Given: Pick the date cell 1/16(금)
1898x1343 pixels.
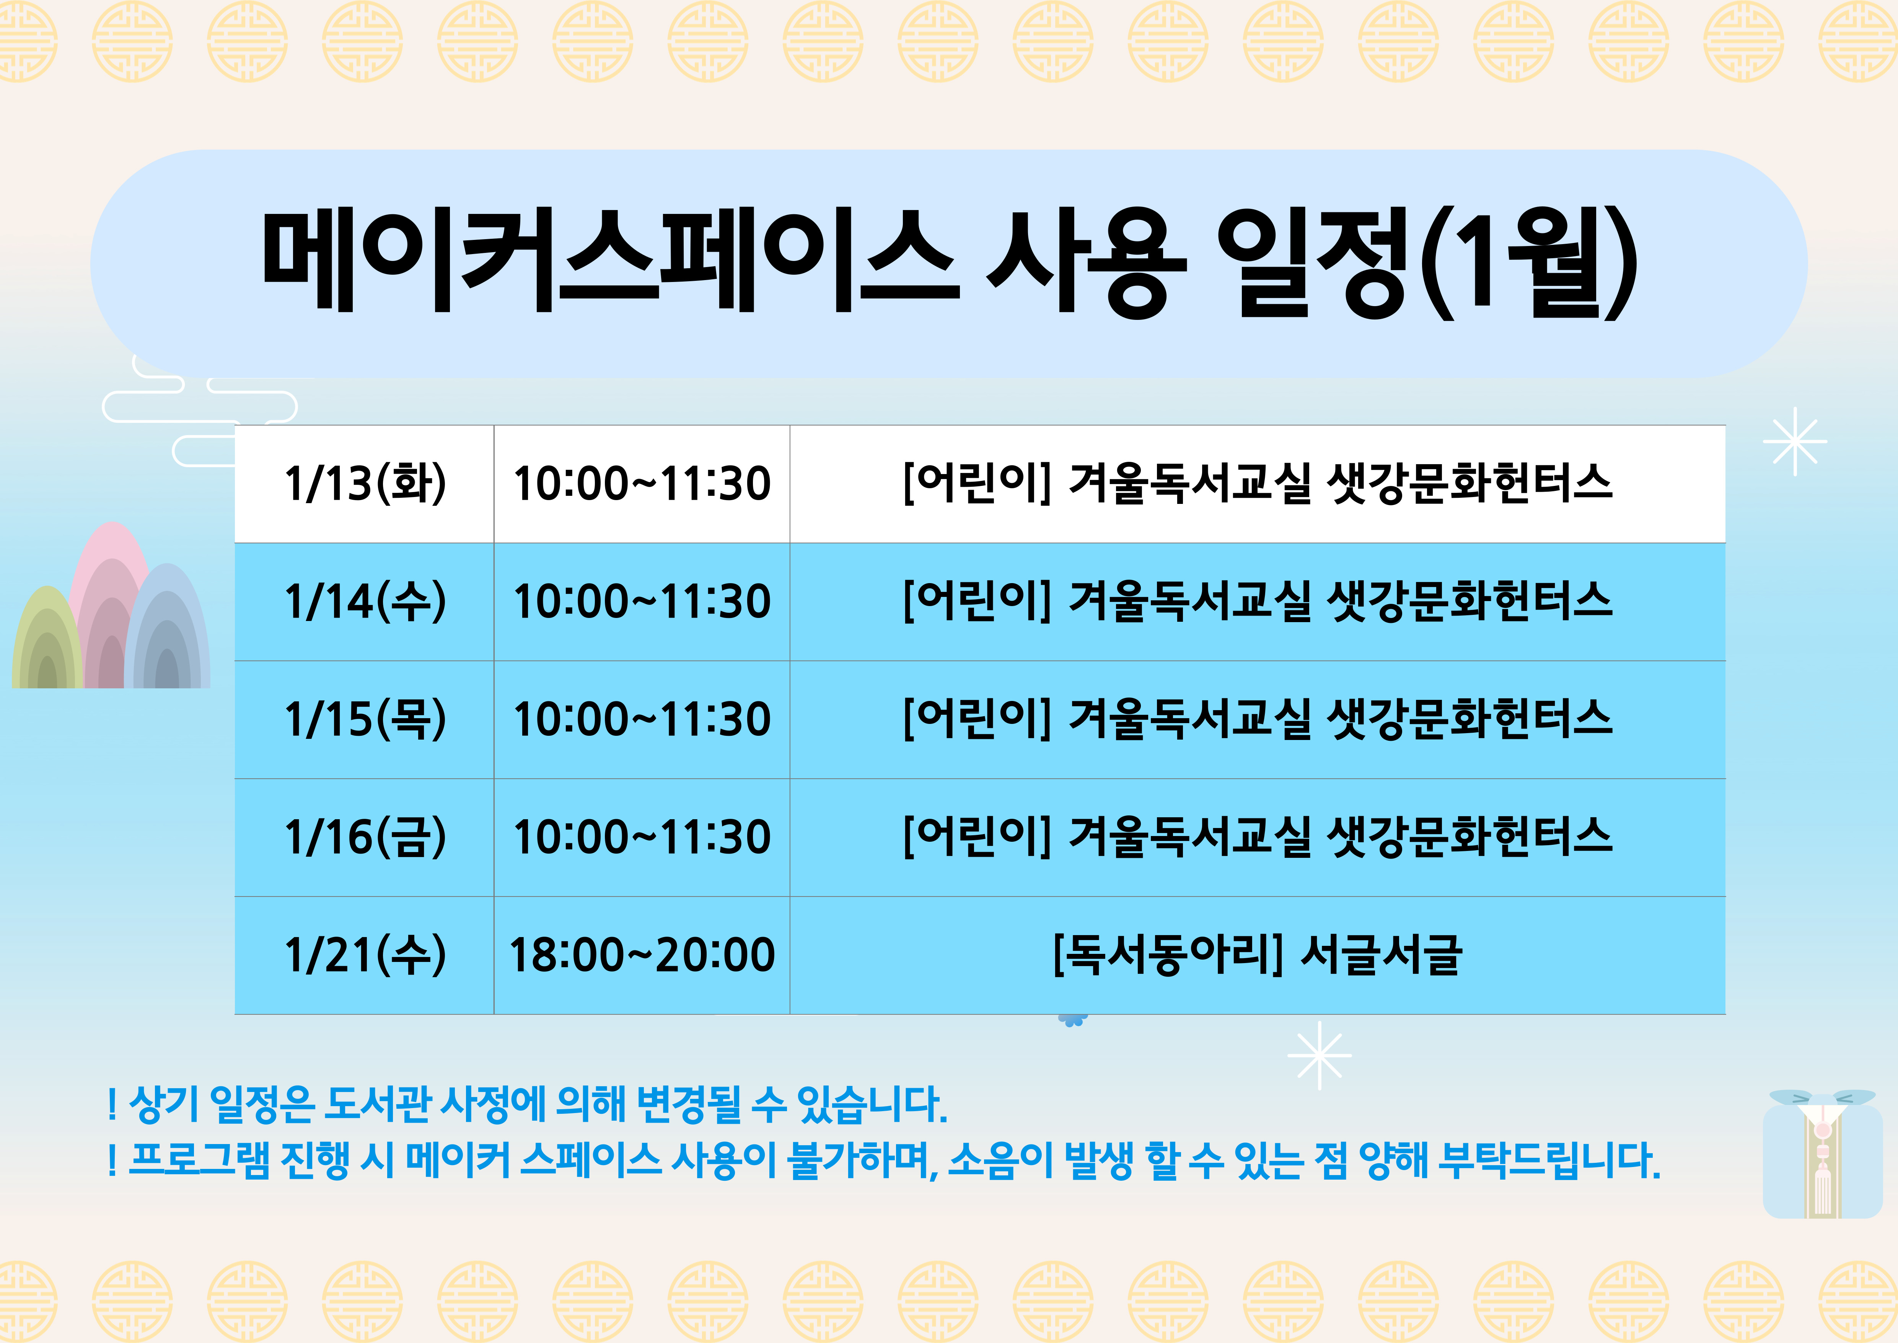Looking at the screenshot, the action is [x=365, y=837].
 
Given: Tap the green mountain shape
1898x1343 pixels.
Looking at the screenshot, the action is [x=47, y=637].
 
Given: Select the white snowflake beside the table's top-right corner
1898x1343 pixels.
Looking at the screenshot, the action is [x=1795, y=442].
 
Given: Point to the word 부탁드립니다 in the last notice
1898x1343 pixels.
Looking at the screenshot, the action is [x=1548, y=1160].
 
